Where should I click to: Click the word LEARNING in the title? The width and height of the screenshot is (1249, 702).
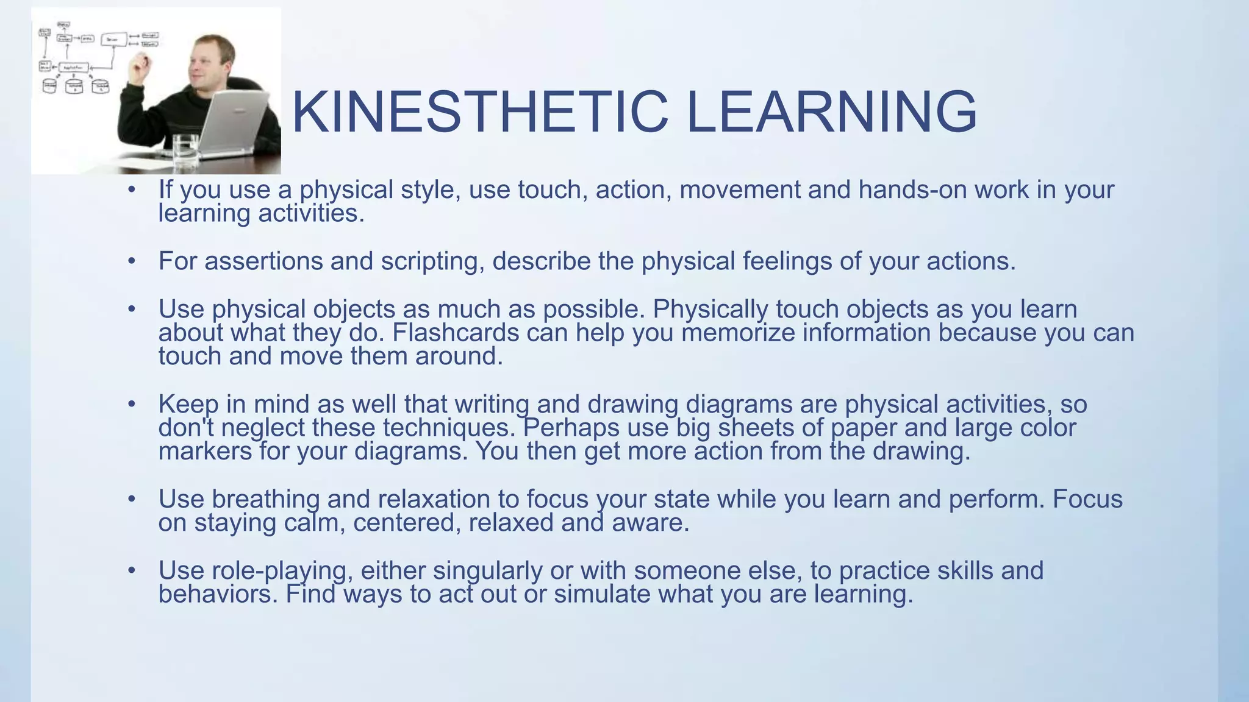[x=832, y=112]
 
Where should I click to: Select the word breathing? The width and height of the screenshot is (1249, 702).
[x=265, y=500]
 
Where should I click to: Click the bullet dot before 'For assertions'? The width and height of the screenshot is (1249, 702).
[x=131, y=261]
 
